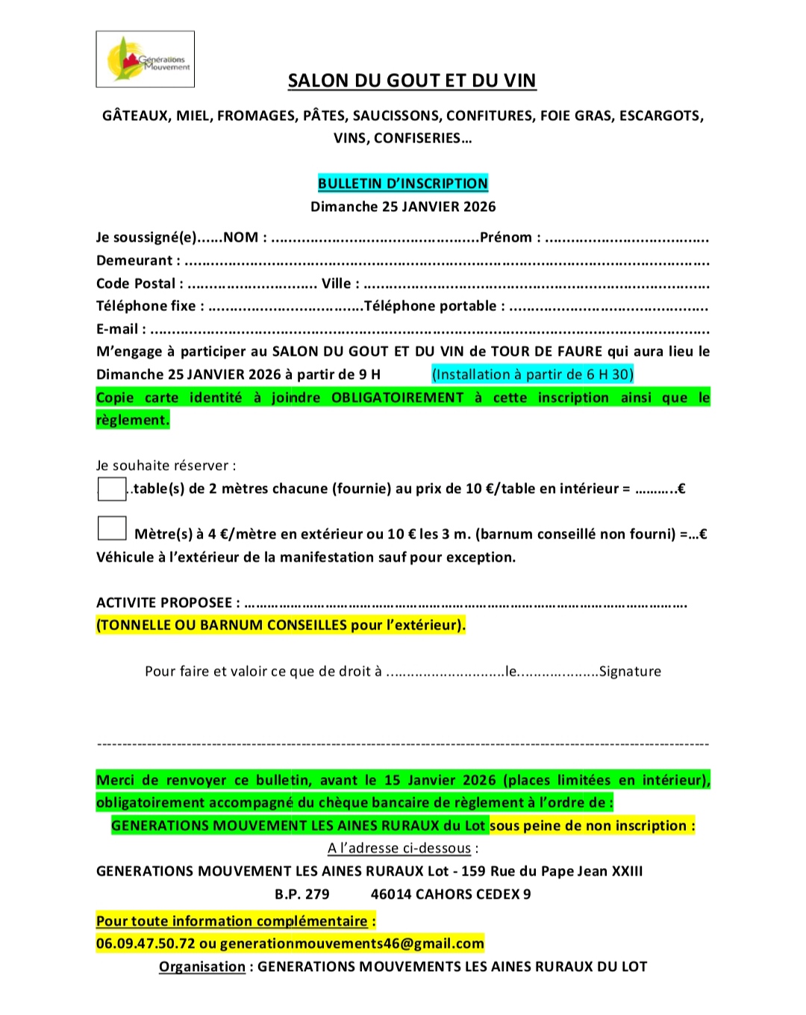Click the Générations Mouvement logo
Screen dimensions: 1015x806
click(x=146, y=60)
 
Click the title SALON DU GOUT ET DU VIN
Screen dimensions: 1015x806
click(x=412, y=81)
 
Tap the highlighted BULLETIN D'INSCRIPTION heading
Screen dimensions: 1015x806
click(x=403, y=183)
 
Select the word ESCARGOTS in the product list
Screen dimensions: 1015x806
click(x=660, y=116)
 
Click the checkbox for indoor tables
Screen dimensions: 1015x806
click(x=112, y=489)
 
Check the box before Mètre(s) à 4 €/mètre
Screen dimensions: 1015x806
click(x=112, y=528)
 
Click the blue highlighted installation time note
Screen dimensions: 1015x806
click(x=532, y=374)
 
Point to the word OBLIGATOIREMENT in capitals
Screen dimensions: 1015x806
click(x=397, y=397)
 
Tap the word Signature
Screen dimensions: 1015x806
click(x=630, y=671)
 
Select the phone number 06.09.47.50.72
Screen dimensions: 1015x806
click(x=146, y=943)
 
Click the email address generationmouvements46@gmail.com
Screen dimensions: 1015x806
click(x=352, y=943)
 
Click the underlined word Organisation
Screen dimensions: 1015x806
click(x=202, y=967)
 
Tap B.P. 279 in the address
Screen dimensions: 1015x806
click(x=302, y=894)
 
